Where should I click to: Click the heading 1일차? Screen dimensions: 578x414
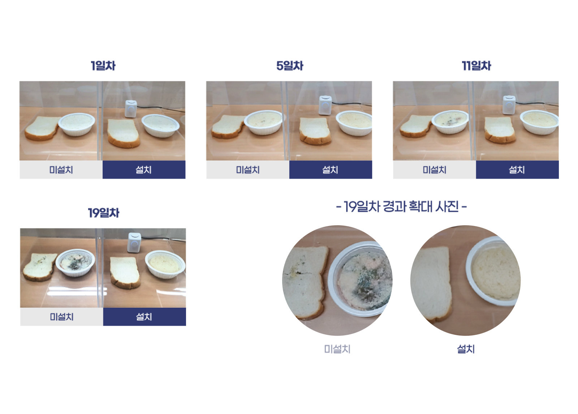[103, 65]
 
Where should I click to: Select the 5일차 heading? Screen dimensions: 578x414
[290, 65]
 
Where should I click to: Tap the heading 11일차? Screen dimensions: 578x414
[476, 65]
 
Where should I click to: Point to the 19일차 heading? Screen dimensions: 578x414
[103, 213]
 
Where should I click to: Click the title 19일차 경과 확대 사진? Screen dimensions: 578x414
[401, 206]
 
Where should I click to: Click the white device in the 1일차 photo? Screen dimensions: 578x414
[131, 109]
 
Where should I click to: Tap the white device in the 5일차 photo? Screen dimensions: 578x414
[325, 105]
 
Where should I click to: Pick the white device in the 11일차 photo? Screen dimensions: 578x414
[509, 105]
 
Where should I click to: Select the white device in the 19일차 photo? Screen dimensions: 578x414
[134, 243]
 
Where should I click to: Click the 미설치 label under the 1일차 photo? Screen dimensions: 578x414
[61, 170]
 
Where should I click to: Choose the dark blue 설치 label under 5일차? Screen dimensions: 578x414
[331, 170]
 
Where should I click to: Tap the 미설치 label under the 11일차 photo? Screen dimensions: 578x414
[435, 170]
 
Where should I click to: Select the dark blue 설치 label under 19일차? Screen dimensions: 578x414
[144, 317]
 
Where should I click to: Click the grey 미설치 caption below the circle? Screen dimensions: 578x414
[337, 349]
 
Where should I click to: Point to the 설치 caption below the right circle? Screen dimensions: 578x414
[466, 349]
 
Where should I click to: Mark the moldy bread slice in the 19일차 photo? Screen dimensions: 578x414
[40, 267]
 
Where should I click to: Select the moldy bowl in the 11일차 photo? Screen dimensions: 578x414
[450, 122]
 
